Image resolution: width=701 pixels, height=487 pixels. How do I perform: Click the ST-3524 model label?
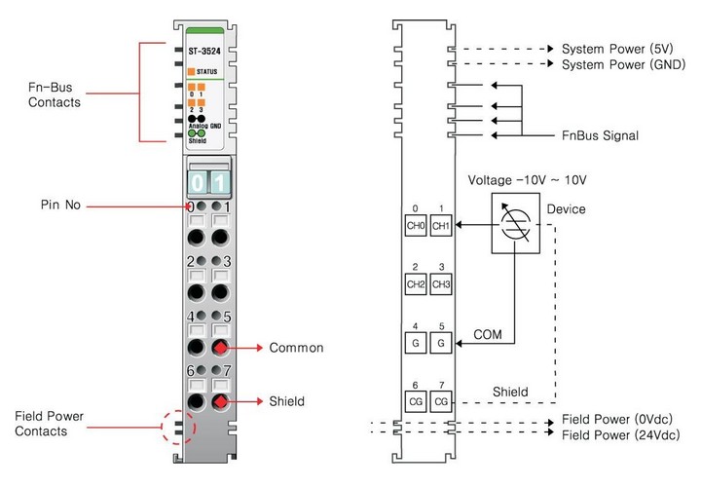(204, 52)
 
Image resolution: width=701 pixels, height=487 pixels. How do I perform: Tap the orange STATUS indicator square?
(192, 71)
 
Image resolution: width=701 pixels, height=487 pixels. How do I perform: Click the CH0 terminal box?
(416, 226)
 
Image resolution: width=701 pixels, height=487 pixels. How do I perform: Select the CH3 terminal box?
(441, 284)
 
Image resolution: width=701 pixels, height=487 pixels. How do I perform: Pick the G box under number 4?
(416, 343)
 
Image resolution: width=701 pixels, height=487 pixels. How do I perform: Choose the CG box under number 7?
(441, 401)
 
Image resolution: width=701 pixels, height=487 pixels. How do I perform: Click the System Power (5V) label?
(617, 49)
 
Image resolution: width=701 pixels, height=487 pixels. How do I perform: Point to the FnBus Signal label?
(600, 135)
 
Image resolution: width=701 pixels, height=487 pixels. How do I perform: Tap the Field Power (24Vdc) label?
(621, 434)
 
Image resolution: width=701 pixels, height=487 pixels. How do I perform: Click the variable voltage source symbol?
(515, 223)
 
